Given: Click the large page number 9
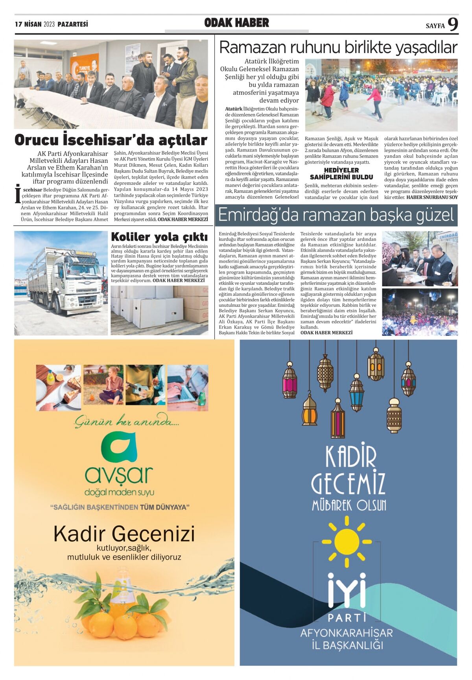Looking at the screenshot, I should coord(453,24).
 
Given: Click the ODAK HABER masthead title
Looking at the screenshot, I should coord(236,23).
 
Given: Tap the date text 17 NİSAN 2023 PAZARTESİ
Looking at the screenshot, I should coord(52,24).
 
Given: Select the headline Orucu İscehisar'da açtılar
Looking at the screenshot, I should coord(111,140).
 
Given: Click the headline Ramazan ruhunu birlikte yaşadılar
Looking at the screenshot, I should coord(338,48).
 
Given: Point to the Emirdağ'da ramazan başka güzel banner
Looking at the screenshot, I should coord(336,215).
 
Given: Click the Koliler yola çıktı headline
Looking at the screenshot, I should coord(159,237).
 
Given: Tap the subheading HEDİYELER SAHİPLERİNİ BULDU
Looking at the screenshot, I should coord(341,173).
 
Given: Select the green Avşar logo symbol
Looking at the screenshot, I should coord(118,448).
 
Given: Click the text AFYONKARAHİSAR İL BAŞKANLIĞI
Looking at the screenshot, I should coord(347,639).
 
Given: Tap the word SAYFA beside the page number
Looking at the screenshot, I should coord(435,26).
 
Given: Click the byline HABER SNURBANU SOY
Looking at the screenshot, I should coord(432,197).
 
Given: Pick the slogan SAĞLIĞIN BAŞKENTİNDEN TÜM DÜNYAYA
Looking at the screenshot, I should coord(120,507).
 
